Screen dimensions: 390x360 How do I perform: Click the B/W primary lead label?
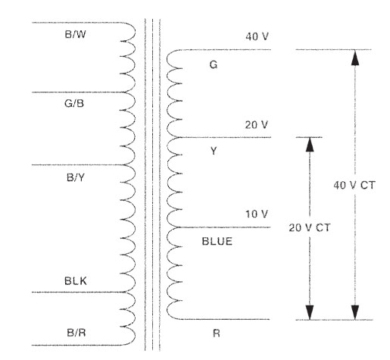[x=75, y=34]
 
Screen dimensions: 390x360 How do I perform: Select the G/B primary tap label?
[x=74, y=103]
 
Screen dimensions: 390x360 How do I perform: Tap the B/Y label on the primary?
[x=76, y=177]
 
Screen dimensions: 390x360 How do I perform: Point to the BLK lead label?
[x=76, y=281]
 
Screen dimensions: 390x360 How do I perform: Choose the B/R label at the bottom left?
[x=76, y=333]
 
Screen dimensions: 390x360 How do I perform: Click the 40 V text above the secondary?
[x=257, y=36]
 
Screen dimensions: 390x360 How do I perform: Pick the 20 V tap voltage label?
[x=256, y=125]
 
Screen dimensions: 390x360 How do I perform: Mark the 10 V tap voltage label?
[x=257, y=214]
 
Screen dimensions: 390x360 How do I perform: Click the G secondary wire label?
[x=214, y=65]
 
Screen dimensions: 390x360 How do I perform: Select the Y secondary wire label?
[x=214, y=151]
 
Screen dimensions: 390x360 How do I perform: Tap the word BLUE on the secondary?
[x=217, y=242]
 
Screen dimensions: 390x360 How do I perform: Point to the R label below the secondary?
[x=217, y=333]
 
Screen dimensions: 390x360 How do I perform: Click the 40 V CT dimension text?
[x=354, y=186]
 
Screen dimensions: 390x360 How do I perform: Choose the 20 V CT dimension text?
[x=310, y=228]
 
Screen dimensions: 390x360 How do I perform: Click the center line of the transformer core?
[x=152, y=184]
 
